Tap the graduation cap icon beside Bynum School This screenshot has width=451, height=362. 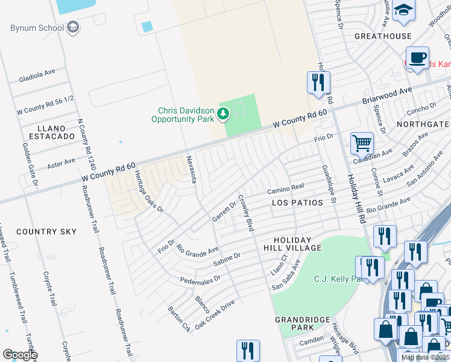point(73,27)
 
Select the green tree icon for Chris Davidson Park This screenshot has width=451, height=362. point(223,113)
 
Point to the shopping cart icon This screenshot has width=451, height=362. point(362,144)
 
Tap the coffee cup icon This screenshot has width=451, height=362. point(417,58)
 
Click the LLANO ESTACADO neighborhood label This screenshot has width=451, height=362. point(47,132)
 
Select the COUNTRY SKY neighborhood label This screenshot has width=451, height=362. point(46,232)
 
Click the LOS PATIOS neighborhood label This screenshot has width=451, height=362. point(297,203)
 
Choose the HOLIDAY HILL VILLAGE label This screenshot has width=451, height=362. point(292,244)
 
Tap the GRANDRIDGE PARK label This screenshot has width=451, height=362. point(302,323)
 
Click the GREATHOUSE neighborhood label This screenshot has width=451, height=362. point(383,36)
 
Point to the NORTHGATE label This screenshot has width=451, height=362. point(423,124)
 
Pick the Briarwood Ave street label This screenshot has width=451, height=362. point(386,95)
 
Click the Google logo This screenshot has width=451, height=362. point(20,355)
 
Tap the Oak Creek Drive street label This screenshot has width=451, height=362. point(214,315)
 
